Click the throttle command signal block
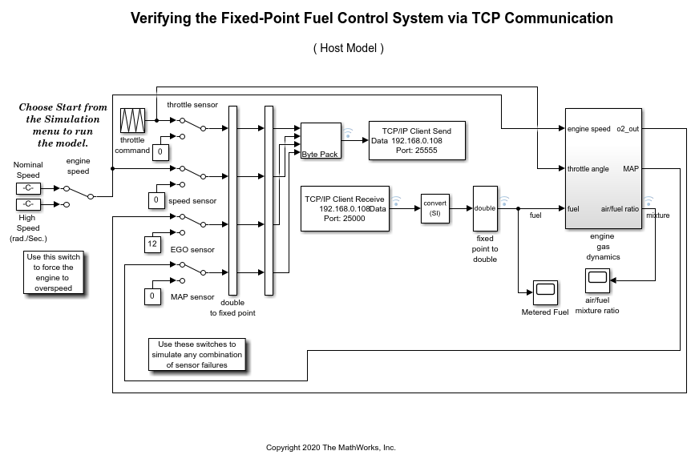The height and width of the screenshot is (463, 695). pos(131,121)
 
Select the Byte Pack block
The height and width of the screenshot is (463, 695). pos(321,141)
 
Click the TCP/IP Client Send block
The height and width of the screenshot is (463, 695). pos(416,140)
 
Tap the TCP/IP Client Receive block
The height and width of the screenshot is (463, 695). pos(344,208)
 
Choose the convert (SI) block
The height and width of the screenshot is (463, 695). pos(435,208)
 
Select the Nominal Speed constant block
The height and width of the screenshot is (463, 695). pos(27,188)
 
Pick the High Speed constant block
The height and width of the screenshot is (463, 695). pos(27,203)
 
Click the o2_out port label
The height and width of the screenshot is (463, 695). pos(628,129)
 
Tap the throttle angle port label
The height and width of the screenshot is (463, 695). pos(588,169)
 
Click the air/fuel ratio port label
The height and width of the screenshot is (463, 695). pos(620,209)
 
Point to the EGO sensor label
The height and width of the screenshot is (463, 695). pos(192,250)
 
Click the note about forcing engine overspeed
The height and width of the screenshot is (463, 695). pos(54,272)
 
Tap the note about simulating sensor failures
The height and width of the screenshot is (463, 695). pos(197,354)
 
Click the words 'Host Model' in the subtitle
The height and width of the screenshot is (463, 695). pos(349,48)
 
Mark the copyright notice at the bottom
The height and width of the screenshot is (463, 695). pos(330,448)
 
